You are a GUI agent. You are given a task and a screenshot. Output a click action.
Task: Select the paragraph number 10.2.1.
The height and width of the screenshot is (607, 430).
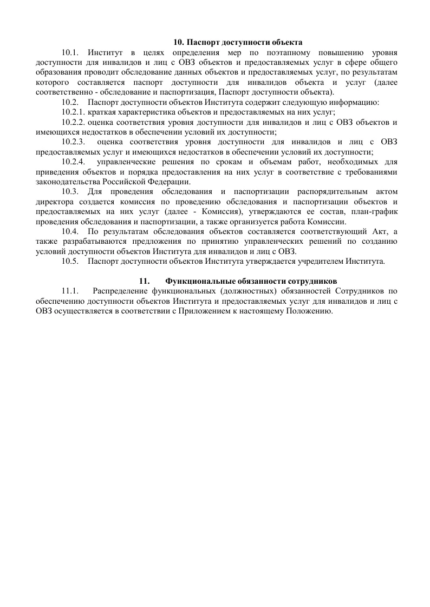click(74, 112)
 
